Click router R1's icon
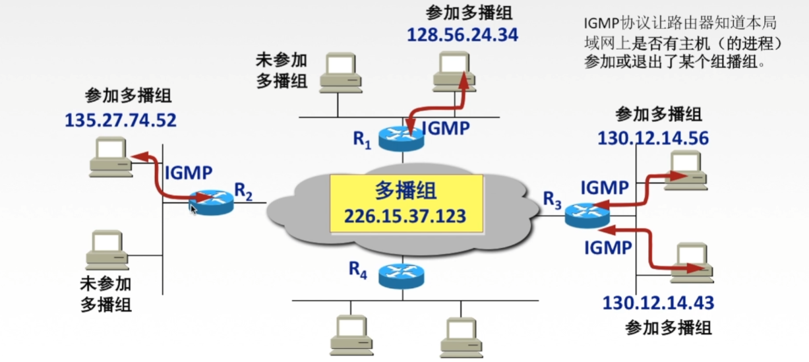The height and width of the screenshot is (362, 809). click(401, 137)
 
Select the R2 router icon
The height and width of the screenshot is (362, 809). click(211, 201)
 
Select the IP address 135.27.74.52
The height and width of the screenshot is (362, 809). click(121, 120)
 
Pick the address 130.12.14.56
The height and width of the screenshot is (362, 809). click(653, 138)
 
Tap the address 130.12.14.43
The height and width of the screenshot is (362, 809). click(658, 303)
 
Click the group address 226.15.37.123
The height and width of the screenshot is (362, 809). click(405, 216)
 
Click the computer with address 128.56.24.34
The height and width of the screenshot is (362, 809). click(454, 73)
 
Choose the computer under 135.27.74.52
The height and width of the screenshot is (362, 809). click(109, 156)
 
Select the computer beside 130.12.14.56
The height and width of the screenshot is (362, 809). click(686, 169)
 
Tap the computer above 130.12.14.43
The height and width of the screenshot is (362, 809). click(692, 260)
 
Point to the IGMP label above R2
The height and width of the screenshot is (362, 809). click(189, 173)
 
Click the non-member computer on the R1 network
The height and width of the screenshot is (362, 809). click(340, 73)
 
